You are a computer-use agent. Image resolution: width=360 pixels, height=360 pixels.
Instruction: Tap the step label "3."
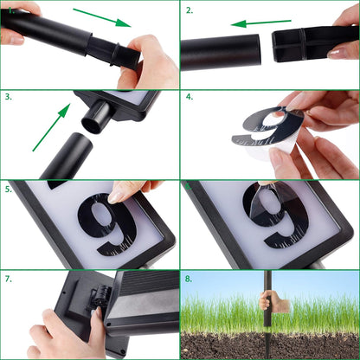8,98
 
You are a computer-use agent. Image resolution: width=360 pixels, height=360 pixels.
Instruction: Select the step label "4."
189,98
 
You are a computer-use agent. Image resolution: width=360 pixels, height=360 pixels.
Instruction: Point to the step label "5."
8,188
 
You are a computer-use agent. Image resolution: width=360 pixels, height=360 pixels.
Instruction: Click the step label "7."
8,279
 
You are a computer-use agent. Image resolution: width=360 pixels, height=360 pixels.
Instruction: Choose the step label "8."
189,279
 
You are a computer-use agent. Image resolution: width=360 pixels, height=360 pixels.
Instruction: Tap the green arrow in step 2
260,23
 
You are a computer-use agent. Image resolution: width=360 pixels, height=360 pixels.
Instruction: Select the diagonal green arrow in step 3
51,125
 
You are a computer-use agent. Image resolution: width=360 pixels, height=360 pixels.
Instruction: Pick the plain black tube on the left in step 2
221,51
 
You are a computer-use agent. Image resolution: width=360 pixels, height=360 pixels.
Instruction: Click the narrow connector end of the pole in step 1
112,52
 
